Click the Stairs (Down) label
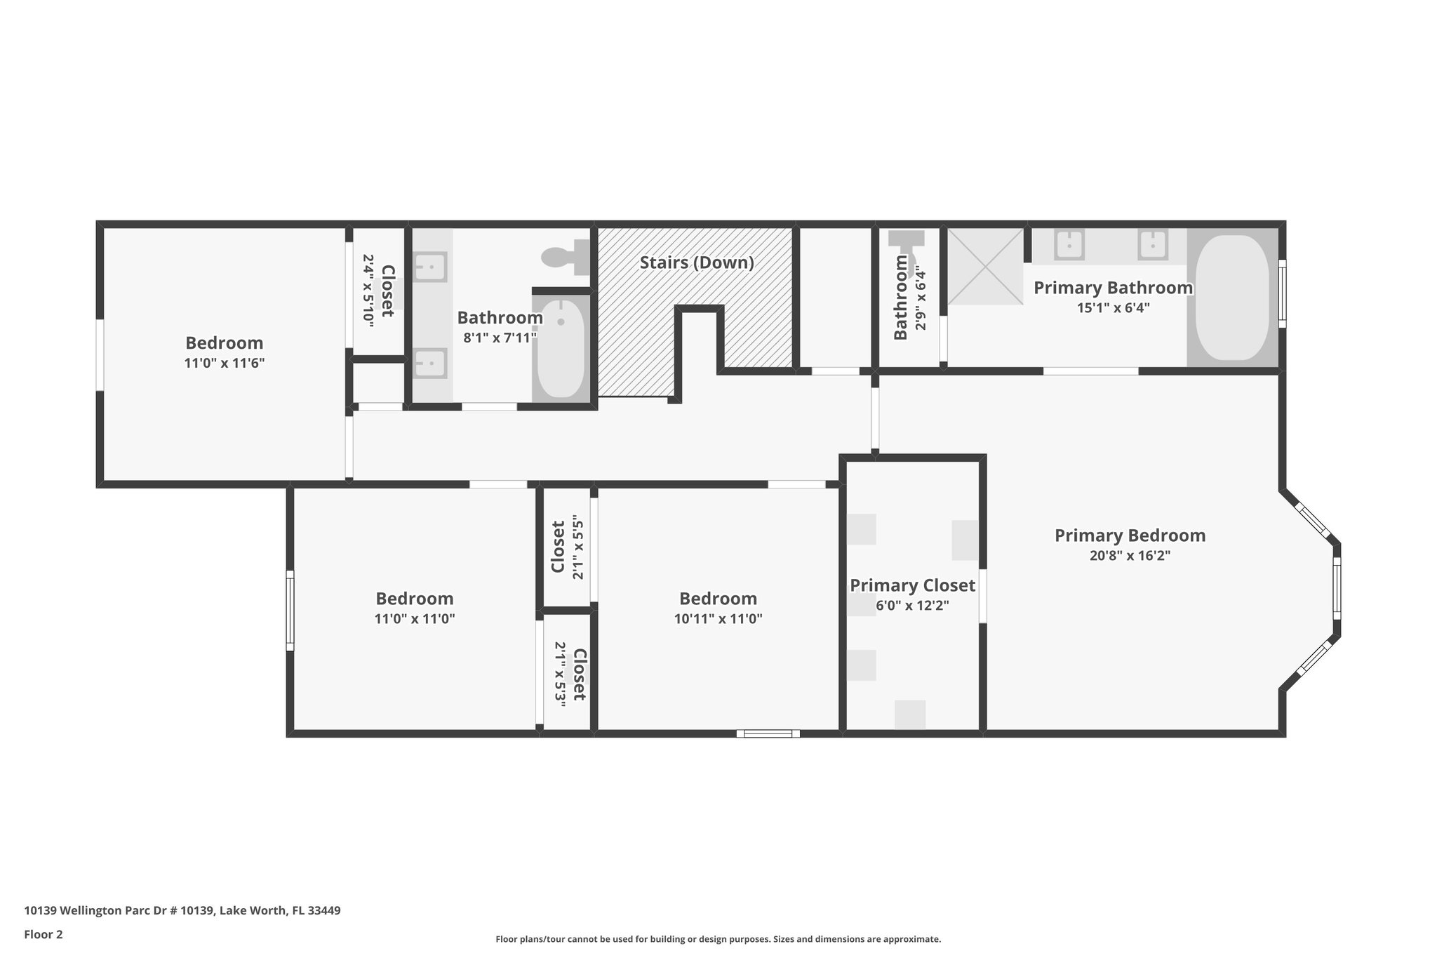click(x=697, y=262)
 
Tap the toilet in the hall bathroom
click(x=568, y=257)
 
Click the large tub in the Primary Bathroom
click(x=1232, y=298)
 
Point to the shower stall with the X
click(x=986, y=267)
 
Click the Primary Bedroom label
click(x=1130, y=535)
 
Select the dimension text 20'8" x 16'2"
click(x=1130, y=556)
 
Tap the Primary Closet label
click(x=912, y=585)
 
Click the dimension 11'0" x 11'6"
click(x=225, y=364)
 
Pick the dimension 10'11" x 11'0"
click(x=718, y=619)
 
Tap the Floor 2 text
click(x=44, y=934)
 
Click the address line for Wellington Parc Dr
click(x=182, y=911)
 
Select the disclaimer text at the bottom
click(x=718, y=939)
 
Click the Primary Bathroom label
click(x=1114, y=288)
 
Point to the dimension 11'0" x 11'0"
click(x=415, y=619)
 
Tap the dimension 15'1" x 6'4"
click(x=1114, y=307)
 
